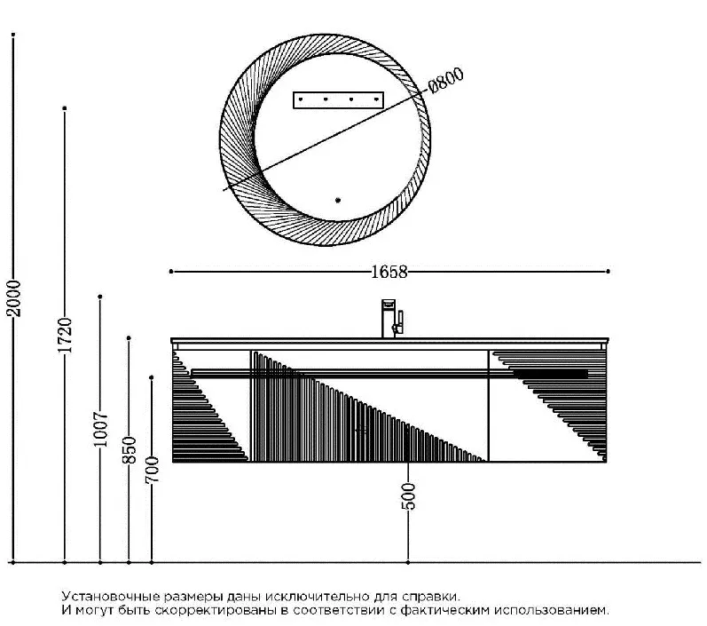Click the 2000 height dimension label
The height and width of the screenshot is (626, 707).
(x=14, y=297)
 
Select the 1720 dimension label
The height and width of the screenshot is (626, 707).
(x=65, y=336)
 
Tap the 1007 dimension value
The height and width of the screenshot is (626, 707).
(x=100, y=429)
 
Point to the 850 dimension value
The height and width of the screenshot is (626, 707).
(x=129, y=450)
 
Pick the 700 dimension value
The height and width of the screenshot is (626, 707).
(x=152, y=470)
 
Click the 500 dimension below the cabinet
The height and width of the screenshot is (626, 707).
(x=408, y=496)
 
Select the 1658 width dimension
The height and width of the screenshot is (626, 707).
(x=389, y=272)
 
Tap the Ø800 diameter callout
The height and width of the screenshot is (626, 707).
(x=445, y=80)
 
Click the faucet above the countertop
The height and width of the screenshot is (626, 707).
(x=392, y=319)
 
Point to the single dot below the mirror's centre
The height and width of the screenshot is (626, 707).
(x=338, y=200)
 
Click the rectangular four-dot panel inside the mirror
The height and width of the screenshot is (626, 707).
(x=338, y=100)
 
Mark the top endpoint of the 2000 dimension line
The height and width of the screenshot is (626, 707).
(x=13, y=35)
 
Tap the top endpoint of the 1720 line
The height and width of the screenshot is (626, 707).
(x=65, y=108)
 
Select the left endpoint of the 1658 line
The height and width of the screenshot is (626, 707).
(x=171, y=272)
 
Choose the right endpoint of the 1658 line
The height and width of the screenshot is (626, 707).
(x=609, y=271)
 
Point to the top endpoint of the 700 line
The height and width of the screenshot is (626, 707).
(x=152, y=377)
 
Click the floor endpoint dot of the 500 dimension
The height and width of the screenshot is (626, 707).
(x=408, y=562)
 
